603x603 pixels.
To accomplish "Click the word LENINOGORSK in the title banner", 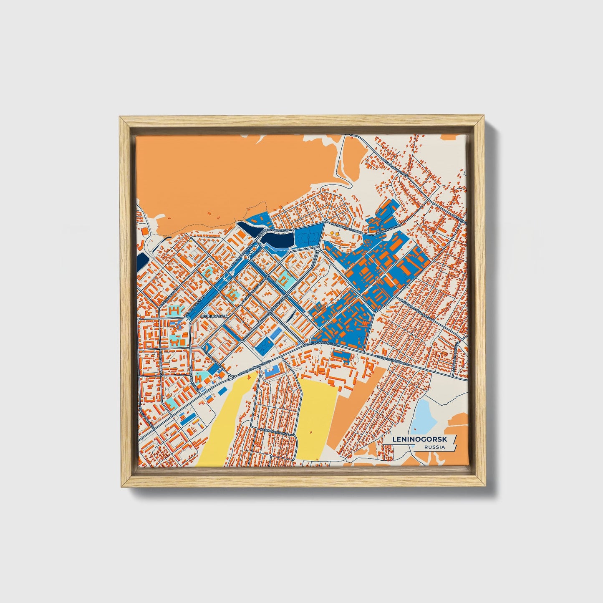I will (419, 439).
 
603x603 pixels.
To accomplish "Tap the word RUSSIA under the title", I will (434, 447).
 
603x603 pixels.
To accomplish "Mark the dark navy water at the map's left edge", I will (142, 262).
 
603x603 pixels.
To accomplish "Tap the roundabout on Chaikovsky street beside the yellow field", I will (231, 377).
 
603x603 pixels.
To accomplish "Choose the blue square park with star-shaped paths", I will (264, 346).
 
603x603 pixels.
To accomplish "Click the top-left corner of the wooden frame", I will (121, 119).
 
